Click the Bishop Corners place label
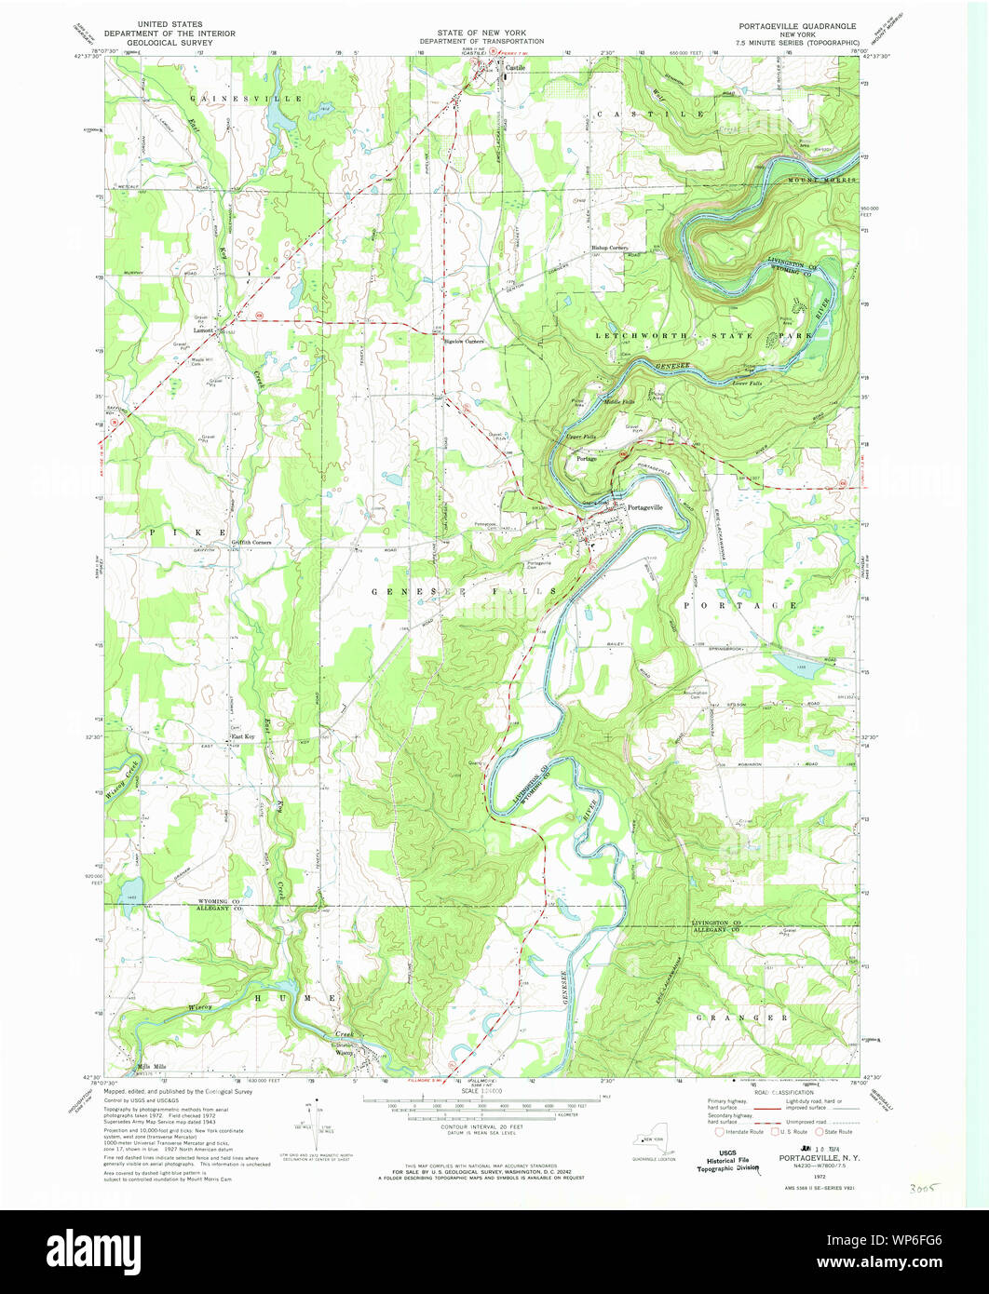(x=610, y=248)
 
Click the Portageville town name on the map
(x=645, y=507)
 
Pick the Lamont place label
(x=203, y=330)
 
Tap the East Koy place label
(x=243, y=736)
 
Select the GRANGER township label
(x=743, y=1018)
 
